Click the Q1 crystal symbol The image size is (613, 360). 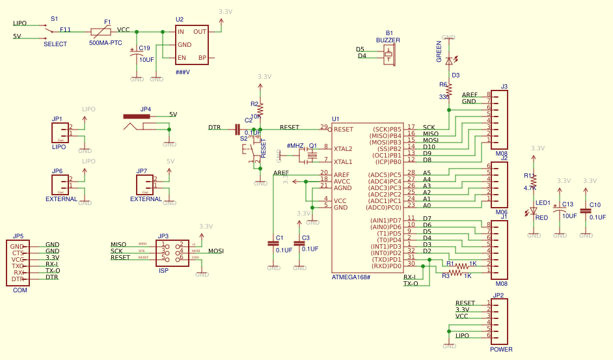coord(311,155)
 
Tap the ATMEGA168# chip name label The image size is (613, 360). coord(351,277)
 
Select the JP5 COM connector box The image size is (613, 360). coord(18,262)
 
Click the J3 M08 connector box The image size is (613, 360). coord(500,120)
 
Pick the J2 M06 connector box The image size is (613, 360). coord(500,185)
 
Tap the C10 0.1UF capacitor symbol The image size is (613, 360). coord(586,210)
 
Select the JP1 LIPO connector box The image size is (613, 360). coord(60,133)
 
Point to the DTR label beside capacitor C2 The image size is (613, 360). coord(214,128)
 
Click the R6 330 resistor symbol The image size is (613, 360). coord(448,90)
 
